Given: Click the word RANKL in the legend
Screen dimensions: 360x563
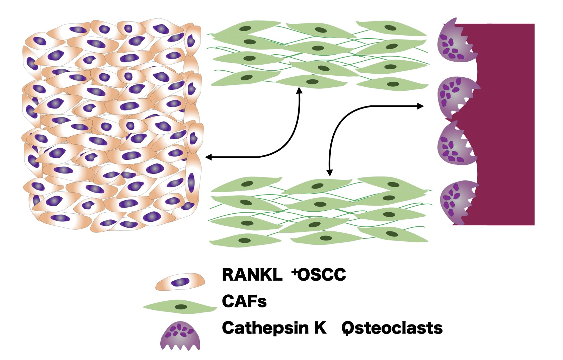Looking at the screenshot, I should tap(252, 275).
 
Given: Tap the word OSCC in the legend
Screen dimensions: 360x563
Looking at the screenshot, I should tap(322, 275).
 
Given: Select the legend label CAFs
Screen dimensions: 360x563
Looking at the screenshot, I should tap(244, 301).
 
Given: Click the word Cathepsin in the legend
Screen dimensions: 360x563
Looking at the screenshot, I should tap(265, 328).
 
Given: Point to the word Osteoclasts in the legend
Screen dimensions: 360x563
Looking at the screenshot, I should tap(392, 328).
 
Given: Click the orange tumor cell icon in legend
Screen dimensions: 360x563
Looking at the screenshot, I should tap(180, 282).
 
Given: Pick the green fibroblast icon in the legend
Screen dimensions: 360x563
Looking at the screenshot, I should tap(180, 307).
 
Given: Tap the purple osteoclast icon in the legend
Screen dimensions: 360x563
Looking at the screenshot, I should tap(180, 336).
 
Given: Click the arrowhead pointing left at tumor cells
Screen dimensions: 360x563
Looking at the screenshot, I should tap(208, 157).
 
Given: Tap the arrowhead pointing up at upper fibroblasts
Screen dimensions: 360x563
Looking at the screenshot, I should tap(299, 90).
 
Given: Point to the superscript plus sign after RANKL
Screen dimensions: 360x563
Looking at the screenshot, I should tap(295, 272).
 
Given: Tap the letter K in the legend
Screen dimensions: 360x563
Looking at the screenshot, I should tap(320, 328).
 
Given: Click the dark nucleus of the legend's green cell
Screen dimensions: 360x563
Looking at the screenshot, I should tap(181, 307).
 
